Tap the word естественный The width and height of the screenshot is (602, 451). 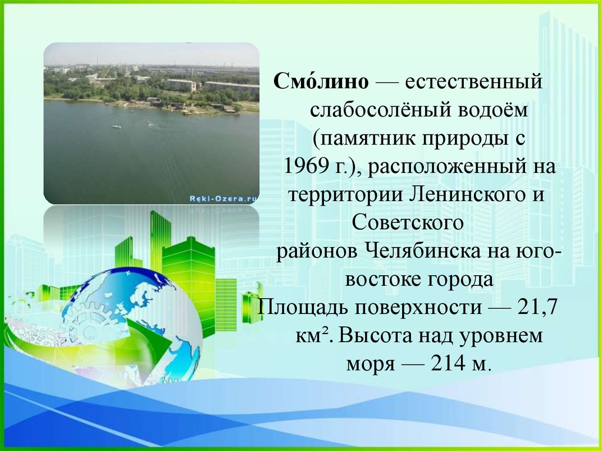474,82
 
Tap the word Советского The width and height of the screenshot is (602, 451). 407,222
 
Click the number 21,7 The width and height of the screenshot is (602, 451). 537,307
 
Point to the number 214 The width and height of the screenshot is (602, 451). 447,363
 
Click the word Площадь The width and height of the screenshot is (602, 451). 303,308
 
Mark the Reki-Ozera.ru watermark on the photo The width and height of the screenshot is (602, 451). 223,198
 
